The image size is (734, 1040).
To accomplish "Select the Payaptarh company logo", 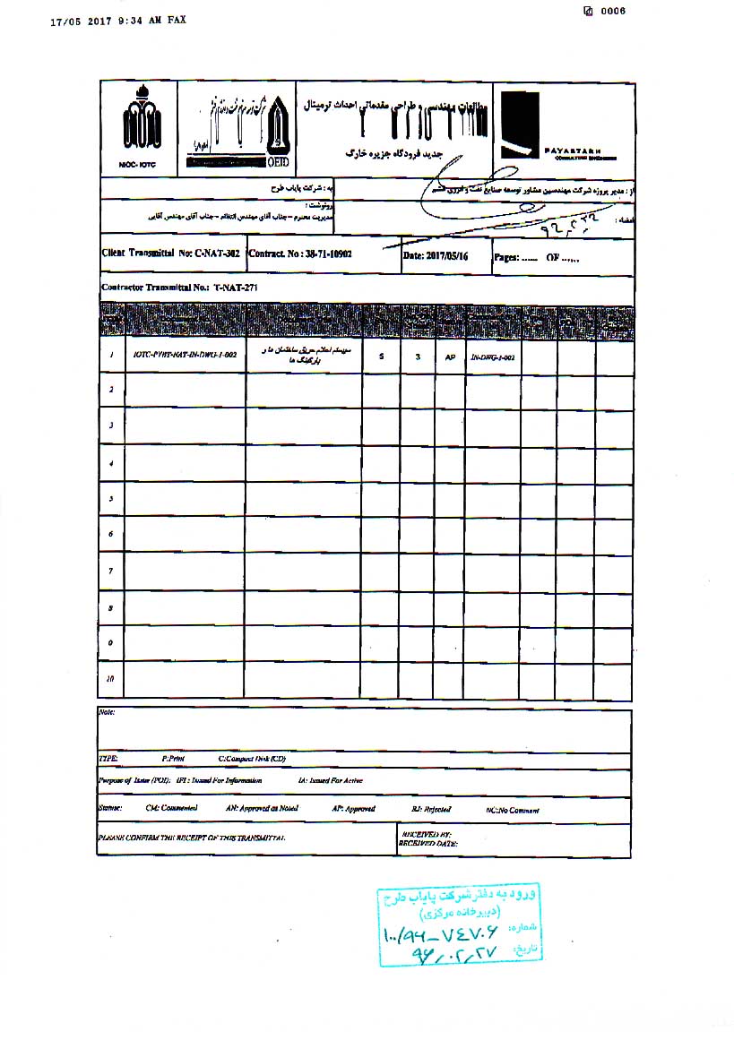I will [x=519, y=127].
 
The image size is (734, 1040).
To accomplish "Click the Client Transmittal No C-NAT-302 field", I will [x=171, y=254].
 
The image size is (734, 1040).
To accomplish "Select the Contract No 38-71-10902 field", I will [x=300, y=254].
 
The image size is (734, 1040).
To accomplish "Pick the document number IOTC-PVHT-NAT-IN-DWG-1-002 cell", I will [x=185, y=356].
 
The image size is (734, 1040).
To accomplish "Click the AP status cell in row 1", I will [x=450, y=357].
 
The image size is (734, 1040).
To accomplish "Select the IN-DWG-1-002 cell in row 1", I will [x=493, y=357].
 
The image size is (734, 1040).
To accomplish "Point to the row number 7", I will [x=110, y=571].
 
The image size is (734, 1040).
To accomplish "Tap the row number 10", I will [x=110, y=679].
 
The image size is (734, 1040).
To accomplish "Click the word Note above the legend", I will [x=108, y=713].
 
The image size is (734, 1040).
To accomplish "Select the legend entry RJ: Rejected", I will [x=432, y=809].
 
